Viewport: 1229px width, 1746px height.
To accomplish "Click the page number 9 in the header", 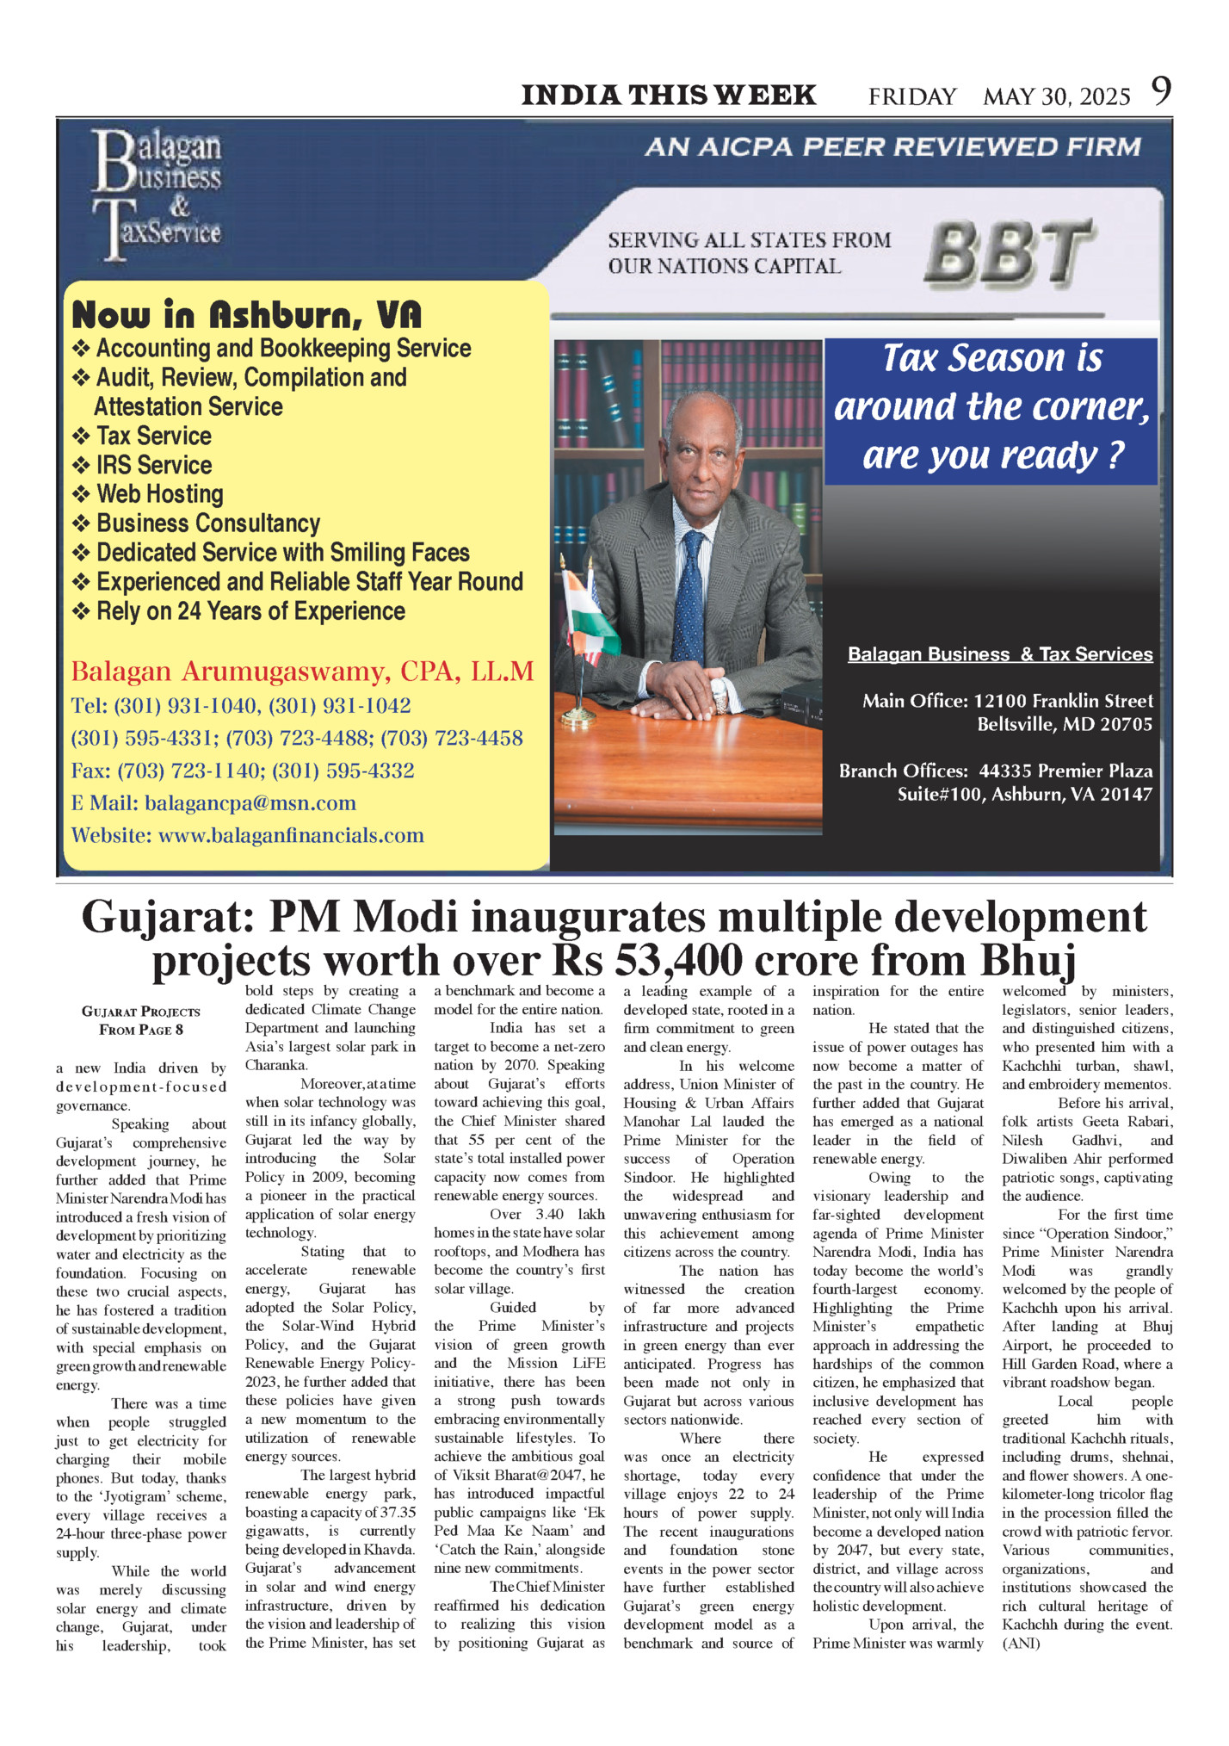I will pyautogui.click(x=1162, y=91).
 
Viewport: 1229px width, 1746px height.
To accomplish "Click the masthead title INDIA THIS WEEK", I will pyautogui.click(x=669, y=95).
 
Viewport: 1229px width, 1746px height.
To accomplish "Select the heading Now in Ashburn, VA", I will pyautogui.click(x=247, y=315).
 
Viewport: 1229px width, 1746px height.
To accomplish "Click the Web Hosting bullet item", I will pyautogui.click(x=159, y=494).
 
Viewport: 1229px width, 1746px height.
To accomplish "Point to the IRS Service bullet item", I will pyautogui.click(x=153, y=465).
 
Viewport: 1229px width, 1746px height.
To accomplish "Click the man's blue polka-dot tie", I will pyautogui.click(x=689, y=594).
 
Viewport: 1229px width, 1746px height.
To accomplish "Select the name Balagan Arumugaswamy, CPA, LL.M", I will pyautogui.click(x=302, y=671).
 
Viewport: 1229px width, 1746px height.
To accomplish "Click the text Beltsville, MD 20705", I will pyautogui.click(x=1064, y=725).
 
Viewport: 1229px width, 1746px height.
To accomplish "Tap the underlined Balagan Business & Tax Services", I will pyautogui.click(x=1000, y=654).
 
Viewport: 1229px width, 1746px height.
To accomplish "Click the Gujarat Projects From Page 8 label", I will pyautogui.click(x=141, y=1020).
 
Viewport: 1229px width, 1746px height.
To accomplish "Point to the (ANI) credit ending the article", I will pyautogui.click(x=1021, y=1644).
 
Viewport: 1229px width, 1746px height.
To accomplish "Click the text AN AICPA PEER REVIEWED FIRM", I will pyautogui.click(x=892, y=147).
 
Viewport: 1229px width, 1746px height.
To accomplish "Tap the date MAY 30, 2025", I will pyautogui.click(x=1056, y=96).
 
